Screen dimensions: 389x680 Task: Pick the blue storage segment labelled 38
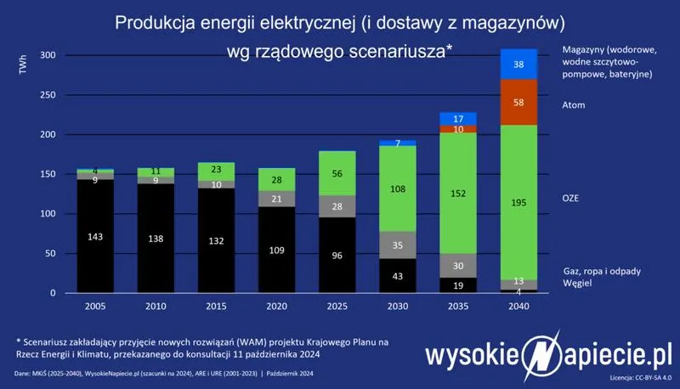(518, 64)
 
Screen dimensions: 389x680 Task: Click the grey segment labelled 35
(399, 245)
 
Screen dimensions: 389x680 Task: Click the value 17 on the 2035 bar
(458, 118)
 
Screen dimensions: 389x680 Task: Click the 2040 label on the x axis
(518, 306)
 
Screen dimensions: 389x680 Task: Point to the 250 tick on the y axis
(48, 95)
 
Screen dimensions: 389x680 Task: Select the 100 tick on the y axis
(48, 214)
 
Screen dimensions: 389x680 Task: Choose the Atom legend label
(575, 105)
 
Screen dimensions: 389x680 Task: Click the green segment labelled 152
(458, 193)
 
